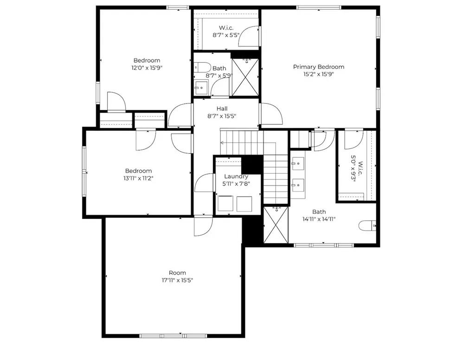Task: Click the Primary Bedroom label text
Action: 318,67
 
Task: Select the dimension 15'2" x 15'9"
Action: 318,74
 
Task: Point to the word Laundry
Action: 236,176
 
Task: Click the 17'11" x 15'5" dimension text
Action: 177,280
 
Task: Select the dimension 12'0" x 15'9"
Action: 147,68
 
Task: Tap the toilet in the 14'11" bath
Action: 368,226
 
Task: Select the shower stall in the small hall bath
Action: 244,77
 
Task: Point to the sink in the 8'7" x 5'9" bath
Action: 201,87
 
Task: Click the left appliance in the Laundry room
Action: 225,203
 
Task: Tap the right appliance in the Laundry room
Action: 244,203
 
